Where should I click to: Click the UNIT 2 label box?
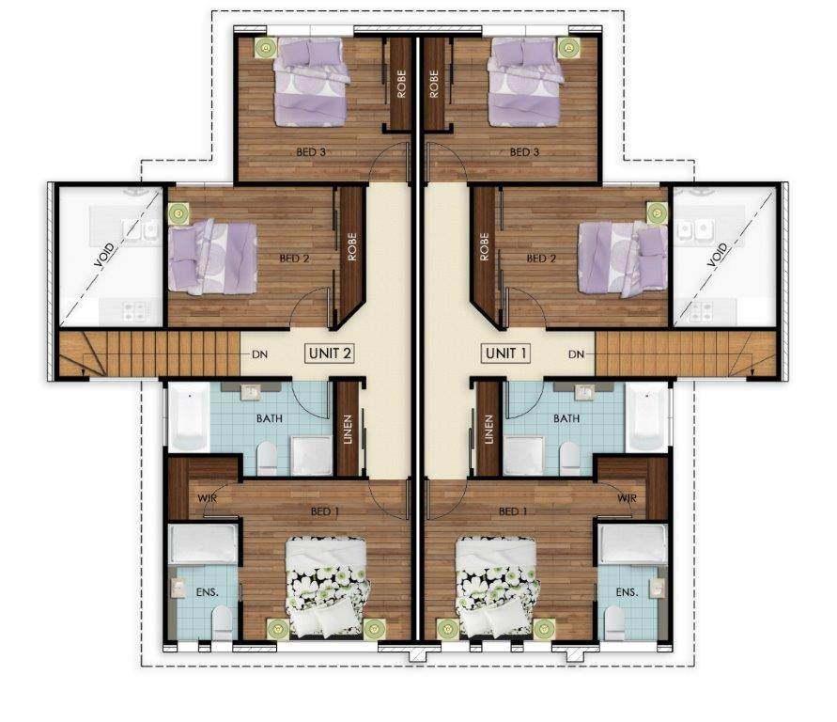pos(330,353)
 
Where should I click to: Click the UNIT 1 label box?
pos(506,353)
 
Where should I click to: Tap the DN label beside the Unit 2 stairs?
pos(260,354)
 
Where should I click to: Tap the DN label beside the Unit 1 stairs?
pos(577,354)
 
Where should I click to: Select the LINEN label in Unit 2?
pos(348,430)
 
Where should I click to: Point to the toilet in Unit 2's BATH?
pos(267,459)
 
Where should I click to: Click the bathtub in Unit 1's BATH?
pos(647,417)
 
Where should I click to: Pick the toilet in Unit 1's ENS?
pos(615,623)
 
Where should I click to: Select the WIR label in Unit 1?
pos(628,498)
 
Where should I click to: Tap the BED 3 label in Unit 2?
pos(311,152)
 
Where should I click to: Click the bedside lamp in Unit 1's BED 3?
pos(569,48)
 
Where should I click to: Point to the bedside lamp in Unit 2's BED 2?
pos(178,213)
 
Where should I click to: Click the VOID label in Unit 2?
pos(104,256)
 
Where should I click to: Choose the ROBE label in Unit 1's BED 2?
pos(484,246)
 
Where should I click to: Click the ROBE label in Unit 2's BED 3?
pos(401,84)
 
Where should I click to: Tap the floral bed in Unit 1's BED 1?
pos(496,588)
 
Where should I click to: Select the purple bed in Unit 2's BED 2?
pos(212,257)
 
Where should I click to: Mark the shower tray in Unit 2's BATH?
pos(312,456)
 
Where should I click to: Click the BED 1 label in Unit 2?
pos(325,511)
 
